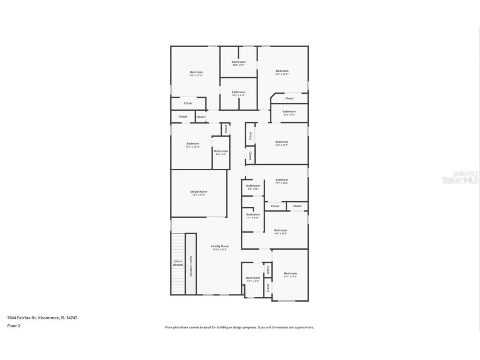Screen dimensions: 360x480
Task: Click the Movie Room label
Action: tap(199, 192)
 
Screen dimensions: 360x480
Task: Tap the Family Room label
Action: tap(220, 246)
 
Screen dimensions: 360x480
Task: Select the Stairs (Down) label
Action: tap(178, 263)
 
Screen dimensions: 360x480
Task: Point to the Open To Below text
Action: tap(191, 266)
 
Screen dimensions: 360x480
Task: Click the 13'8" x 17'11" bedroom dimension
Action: tap(196, 75)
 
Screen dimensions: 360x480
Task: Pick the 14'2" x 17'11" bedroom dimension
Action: tap(282, 74)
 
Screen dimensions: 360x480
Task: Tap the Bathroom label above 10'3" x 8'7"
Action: tap(238, 62)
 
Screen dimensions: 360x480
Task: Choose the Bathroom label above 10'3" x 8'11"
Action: tap(238, 92)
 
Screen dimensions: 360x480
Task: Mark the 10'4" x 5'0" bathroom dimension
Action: tap(289, 115)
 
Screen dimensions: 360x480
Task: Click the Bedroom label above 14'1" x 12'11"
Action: tap(193, 144)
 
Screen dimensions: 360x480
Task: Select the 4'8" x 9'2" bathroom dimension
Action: tap(221, 154)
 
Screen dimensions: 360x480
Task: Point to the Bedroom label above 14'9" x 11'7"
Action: tap(282, 142)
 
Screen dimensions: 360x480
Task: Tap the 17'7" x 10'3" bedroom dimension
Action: tap(282, 183)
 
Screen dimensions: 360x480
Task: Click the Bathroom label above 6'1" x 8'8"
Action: tap(253, 186)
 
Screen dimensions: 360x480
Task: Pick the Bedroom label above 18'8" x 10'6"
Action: tap(280, 230)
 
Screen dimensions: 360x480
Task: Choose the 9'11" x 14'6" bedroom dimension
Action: tap(290, 277)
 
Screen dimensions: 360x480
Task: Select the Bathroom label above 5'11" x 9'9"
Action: tap(253, 278)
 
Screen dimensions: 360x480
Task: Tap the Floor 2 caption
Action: tap(13, 326)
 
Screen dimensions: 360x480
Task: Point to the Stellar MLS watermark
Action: tap(460, 177)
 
